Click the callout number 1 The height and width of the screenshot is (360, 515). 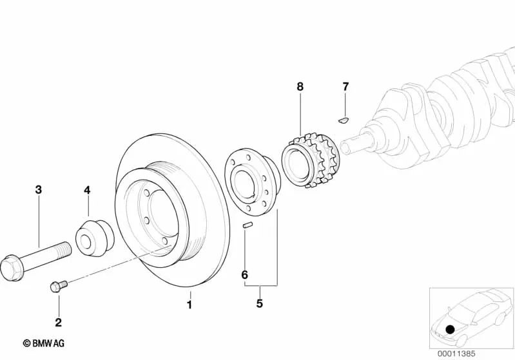(189, 305)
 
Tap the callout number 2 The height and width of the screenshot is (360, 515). (59, 322)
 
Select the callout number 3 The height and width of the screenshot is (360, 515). (39, 189)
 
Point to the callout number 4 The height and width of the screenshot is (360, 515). (87, 190)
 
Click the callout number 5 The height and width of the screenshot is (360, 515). (260, 303)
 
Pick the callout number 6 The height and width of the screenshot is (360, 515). (245, 275)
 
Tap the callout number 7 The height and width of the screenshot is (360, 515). (345, 87)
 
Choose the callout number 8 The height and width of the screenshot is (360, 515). (300, 87)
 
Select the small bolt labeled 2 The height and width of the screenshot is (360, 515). (59, 286)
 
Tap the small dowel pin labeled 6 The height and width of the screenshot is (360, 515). (248, 225)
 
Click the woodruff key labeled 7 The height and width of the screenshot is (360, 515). (344, 120)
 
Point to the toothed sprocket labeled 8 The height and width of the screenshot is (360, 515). (311, 160)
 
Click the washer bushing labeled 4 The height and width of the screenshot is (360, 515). (95, 238)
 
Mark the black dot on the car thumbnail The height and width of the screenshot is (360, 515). (450, 329)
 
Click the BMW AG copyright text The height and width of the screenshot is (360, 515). (44, 344)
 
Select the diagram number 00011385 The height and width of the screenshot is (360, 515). (456, 354)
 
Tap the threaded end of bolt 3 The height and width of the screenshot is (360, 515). (64, 249)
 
